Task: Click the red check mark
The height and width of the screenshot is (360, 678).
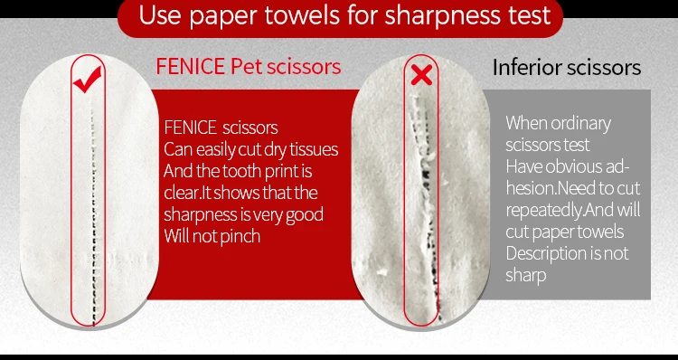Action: [88, 80]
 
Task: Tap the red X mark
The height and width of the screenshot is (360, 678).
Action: [421, 75]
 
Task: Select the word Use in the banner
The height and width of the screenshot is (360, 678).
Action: [160, 15]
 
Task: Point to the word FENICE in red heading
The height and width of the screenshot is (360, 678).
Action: [190, 67]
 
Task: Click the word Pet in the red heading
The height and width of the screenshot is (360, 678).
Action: [246, 67]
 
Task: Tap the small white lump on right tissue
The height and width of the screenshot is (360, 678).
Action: [381, 272]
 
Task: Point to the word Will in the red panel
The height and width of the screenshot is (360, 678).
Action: [175, 236]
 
